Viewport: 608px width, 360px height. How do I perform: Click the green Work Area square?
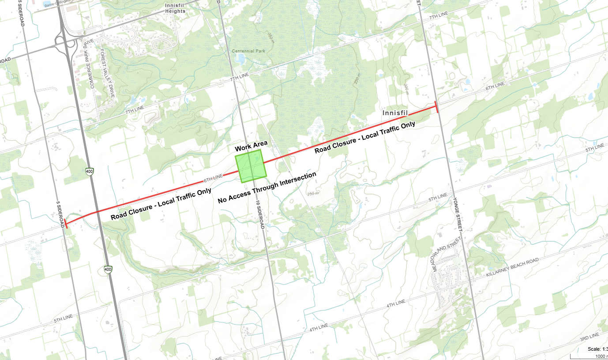point(251,166)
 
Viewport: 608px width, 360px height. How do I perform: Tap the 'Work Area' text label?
point(251,146)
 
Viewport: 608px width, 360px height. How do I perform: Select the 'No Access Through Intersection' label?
point(267,187)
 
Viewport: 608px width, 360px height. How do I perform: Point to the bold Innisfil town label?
point(395,113)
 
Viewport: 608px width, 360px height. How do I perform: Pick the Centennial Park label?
point(249,51)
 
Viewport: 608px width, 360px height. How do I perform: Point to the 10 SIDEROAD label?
point(260,214)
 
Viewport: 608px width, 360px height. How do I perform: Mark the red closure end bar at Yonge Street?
point(436,107)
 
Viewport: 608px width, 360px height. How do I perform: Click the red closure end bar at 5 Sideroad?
point(65,223)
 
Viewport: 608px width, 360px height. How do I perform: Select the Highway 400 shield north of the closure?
point(90,171)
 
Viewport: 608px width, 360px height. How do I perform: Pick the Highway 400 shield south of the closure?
point(108,269)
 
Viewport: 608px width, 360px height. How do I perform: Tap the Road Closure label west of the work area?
point(161,198)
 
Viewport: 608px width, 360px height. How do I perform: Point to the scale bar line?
point(589,356)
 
